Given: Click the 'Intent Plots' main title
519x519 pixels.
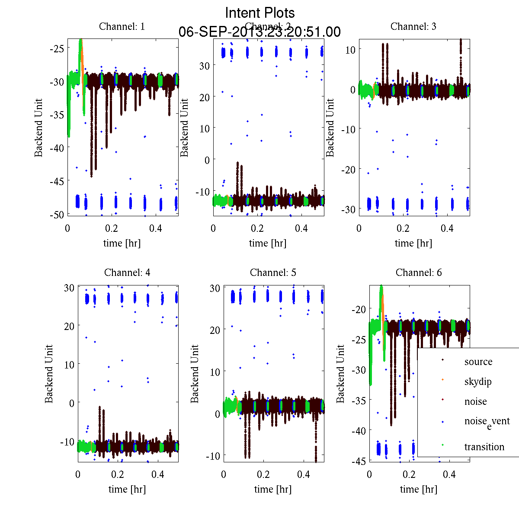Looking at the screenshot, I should tap(260, 13).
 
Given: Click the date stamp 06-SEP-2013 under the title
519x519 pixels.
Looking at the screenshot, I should tap(259, 32).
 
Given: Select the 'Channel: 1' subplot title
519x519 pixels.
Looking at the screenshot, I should tap(122, 26).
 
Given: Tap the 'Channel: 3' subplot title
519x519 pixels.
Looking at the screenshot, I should tap(413, 26).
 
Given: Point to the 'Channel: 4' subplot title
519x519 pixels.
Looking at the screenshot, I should tap(127, 272).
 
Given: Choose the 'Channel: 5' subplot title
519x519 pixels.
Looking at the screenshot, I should tap(273, 272).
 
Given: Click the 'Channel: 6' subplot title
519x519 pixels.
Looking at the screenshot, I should tap(419, 272).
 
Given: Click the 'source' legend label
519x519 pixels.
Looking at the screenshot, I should tap(478, 362).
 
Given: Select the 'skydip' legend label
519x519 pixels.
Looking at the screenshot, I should tap(478, 381).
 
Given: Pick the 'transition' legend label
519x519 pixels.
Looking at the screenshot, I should tap(484, 447).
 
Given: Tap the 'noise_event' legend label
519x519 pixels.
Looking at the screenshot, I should tap(487, 422).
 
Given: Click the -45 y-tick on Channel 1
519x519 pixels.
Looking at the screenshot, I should tap(57, 181).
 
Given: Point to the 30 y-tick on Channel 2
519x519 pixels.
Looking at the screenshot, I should tap(204, 65).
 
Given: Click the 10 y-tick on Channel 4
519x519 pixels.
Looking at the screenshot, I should tap(69, 364).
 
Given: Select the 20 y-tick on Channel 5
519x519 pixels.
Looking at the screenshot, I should tap(215, 330).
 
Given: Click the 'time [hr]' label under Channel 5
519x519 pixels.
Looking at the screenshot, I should tap(273, 489).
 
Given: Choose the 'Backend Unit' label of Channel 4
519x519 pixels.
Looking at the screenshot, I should tap(49, 374).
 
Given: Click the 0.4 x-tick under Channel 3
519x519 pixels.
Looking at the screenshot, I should tap(447, 228).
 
